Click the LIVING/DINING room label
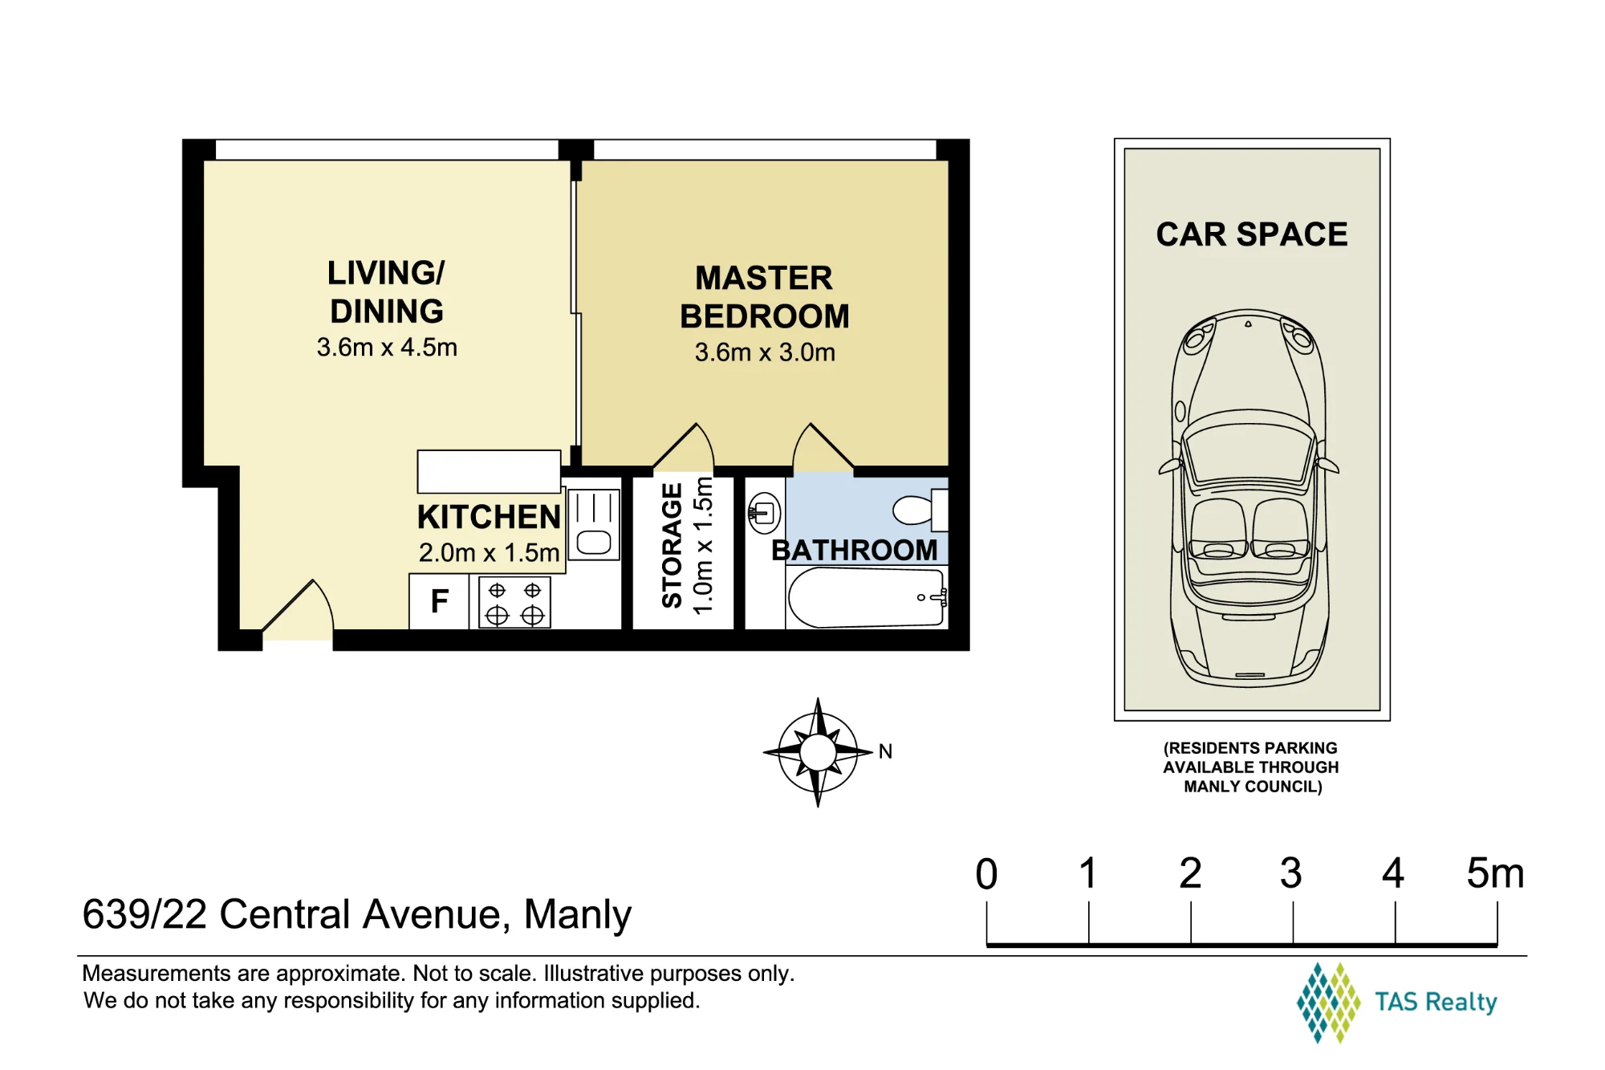click(386, 292)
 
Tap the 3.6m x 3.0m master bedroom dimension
click(765, 352)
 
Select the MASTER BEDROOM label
click(765, 297)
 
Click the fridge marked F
click(439, 601)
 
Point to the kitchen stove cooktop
click(514, 603)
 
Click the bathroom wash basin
click(764, 512)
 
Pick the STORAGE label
click(672, 545)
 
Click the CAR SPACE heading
click(1252, 234)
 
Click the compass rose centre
click(818, 752)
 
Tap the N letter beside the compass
click(885, 751)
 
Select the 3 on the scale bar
click(1291, 873)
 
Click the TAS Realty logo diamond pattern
click(1328, 1003)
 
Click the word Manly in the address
click(577, 914)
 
